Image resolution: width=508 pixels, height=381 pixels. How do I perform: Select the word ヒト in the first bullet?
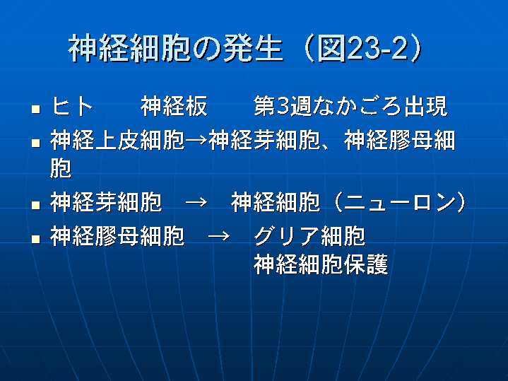[72, 106]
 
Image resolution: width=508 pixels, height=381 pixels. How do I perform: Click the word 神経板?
[174, 106]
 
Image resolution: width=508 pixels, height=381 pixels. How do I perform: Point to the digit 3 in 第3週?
[283, 106]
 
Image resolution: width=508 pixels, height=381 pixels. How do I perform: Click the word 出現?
[425, 106]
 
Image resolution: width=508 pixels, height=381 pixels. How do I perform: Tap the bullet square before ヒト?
[36, 109]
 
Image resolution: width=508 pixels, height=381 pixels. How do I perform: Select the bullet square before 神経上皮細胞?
[36, 143]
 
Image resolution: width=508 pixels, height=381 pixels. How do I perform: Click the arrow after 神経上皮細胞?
[196, 141]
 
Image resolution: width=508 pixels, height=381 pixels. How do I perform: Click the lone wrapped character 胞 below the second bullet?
[61, 168]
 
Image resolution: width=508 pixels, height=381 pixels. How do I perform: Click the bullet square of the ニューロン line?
[36, 205]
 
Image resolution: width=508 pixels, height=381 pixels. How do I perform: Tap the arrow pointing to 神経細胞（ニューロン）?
[196, 202]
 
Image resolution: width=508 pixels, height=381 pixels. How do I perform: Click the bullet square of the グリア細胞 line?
[36, 240]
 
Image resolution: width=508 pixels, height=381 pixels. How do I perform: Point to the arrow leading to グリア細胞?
[219, 236]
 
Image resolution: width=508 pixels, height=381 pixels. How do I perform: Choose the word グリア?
[287, 236]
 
